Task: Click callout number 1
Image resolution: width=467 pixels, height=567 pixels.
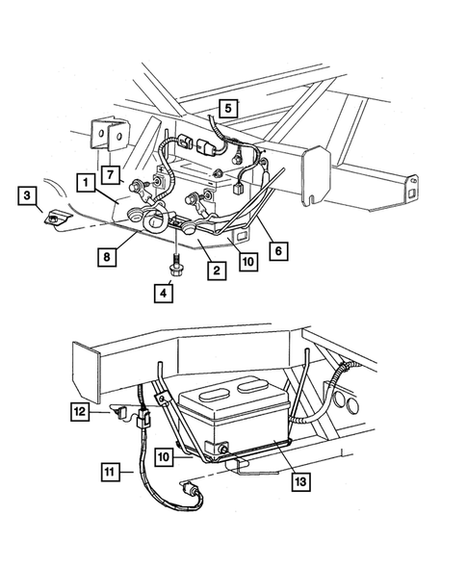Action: click(86, 181)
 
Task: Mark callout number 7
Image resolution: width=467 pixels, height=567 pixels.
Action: click(111, 174)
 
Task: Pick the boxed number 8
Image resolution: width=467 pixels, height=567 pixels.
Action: click(107, 256)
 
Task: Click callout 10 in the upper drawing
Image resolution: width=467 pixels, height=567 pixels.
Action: click(247, 260)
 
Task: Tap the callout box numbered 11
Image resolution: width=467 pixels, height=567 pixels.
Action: click(115, 471)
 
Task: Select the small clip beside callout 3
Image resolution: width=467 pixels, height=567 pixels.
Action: click(56, 219)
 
